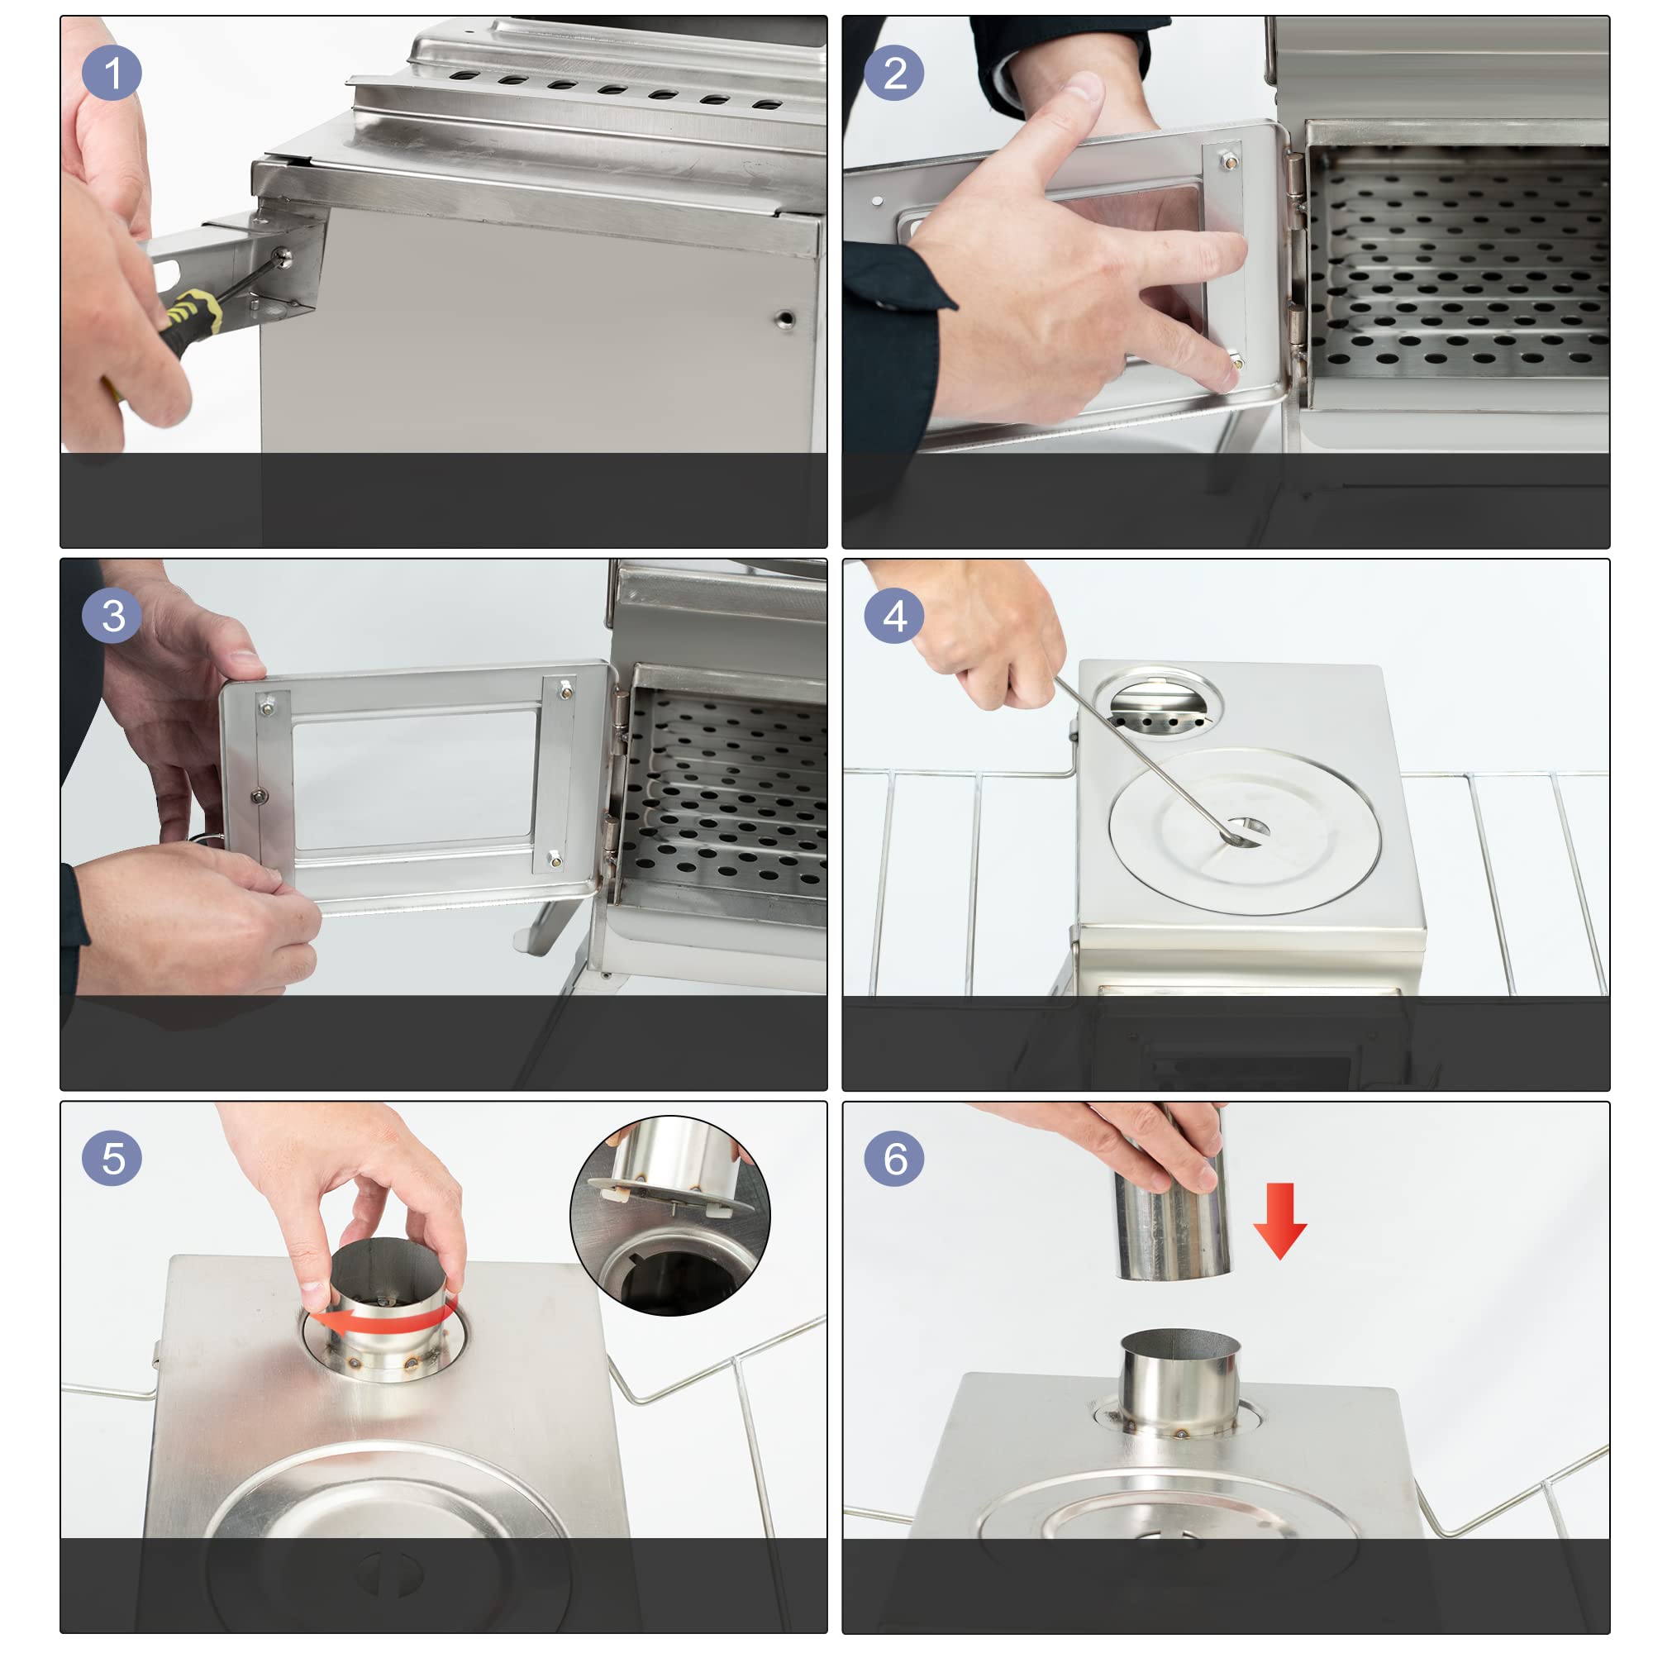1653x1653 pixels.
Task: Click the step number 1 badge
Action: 112,72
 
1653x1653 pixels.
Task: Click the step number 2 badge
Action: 894,72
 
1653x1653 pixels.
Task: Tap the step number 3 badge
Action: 112,615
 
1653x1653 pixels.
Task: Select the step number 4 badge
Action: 894,615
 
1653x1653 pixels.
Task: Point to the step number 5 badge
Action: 112,1159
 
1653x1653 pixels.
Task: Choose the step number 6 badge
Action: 894,1159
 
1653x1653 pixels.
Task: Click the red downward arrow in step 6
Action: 1280,1221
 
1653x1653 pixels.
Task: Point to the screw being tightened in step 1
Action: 282,256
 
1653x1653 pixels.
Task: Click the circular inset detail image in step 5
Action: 670,1216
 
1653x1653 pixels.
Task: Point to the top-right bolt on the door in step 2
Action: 1228,160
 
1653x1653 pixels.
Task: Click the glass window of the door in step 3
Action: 415,778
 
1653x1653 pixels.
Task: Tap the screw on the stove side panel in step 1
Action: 784,320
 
